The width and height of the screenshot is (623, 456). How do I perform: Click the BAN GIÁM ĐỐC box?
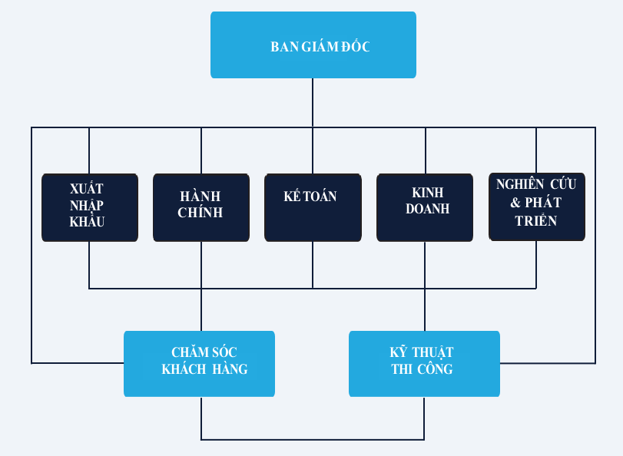[x=313, y=45]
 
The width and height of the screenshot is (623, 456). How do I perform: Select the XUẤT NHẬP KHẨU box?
[x=90, y=207]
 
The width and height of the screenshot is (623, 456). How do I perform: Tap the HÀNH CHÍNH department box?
[x=200, y=207]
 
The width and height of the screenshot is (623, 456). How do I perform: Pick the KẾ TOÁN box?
[x=313, y=207]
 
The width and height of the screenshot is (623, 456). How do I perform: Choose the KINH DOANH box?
[x=425, y=207]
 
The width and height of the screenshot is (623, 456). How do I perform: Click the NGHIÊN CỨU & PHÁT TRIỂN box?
[x=536, y=207]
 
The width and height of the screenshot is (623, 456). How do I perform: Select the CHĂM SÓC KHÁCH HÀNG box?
[x=199, y=364]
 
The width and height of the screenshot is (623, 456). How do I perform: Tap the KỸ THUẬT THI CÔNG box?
[x=424, y=364]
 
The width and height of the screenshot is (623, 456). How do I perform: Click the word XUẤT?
[x=86, y=189]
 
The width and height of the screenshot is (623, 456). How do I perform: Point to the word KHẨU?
[x=86, y=222]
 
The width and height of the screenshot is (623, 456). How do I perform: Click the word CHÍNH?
[x=200, y=213]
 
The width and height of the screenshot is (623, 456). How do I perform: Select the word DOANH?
[x=427, y=209]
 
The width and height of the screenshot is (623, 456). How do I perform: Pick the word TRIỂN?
[x=536, y=220]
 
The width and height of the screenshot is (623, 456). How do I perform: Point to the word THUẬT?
[x=432, y=352]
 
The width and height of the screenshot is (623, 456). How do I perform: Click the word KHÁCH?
[x=181, y=369]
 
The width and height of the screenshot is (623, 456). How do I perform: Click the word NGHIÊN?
[x=520, y=184]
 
